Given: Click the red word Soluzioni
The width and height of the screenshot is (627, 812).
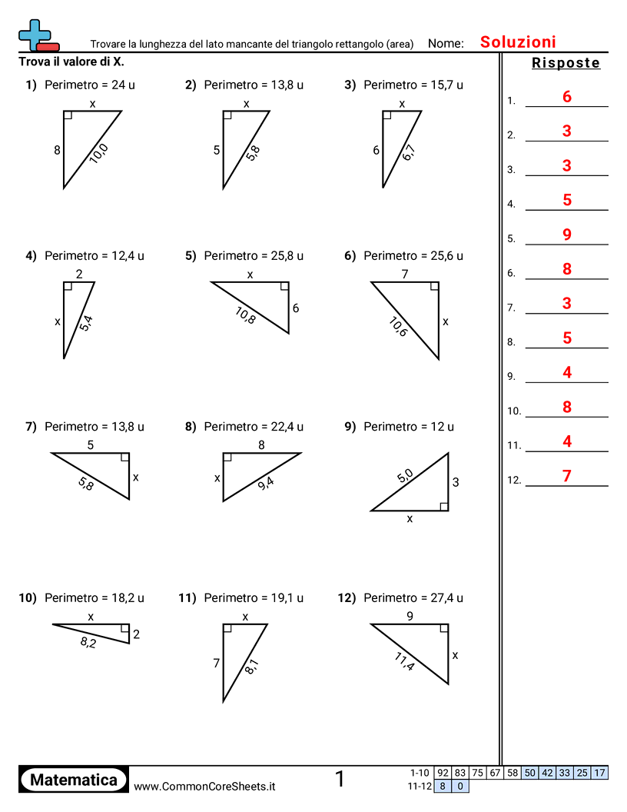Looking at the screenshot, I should pyautogui.click(x=518, y=42).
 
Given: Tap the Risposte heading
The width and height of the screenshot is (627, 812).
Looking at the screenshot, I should pyautogui.click(x=566, y=63).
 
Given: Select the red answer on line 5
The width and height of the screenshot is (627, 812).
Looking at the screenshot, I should pyautogui.click(x=567, y=235).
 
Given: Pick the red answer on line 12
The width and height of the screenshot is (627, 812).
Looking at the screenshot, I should pyautogui.click(x=567, y=476).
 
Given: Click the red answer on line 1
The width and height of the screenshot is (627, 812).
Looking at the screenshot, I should pyautogui.click(x=567, y=97).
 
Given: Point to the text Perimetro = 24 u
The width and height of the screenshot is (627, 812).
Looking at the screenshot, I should pyautogui.click(x=90, y=85).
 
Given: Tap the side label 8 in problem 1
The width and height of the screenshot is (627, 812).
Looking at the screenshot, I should pyautogui.click(x=57, y=151).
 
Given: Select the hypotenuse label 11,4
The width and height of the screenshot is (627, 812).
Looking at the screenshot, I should pyautogui.click(x=405, y=661).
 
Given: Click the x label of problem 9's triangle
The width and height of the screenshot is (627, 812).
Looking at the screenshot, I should pyautogui.click(x=410, y=519).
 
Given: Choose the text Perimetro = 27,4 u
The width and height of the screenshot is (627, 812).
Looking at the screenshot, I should pyautogui.click(x=413, y=597).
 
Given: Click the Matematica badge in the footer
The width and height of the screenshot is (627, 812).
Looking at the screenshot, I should pyautogui.click(x=74, y=780).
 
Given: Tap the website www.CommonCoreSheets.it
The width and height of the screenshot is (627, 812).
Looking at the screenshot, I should pyautogui.click(x=204, y=786).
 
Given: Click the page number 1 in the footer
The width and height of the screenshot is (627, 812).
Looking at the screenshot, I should pyautogui.click(x=340, y=779).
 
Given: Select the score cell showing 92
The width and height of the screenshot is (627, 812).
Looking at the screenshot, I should pyautogui.click(x=443, y=773).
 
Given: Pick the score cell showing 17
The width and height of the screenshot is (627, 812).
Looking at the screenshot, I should pyautogui.click(x=600, y=773).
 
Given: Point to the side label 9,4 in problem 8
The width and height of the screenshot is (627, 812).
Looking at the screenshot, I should pyautogui.click(x=266, y=482).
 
